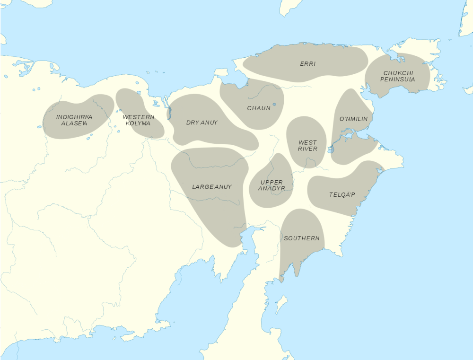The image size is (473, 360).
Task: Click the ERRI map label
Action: [x=307, y=63]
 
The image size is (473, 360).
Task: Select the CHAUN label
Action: [x=259, y=108]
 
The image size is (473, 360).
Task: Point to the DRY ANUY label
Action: [x=201, y=123]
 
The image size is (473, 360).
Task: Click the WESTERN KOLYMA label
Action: [x=139, y=120]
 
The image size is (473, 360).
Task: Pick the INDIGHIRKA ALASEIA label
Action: [x=74, y=120]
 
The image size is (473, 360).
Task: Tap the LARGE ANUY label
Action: [x=212, y=187]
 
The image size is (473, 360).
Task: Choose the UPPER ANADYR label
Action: [x=272, y=185]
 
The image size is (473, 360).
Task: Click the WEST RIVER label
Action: [x=307, y=146]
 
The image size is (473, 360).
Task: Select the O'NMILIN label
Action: [x=353, y=119]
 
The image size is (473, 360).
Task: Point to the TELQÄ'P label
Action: [x=342, y=194]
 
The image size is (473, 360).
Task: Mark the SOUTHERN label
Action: [x=302, y=238]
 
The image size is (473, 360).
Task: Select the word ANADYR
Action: [x=272, y=188]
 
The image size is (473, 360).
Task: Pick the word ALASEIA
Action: [x=74, y=123]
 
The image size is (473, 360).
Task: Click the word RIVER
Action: [x=307, y=149]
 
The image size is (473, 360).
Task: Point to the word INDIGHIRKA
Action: [x=74, y=117]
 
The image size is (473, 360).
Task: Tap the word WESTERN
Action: [x=139, y=117]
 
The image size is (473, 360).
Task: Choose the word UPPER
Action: [x=272, y=182]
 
